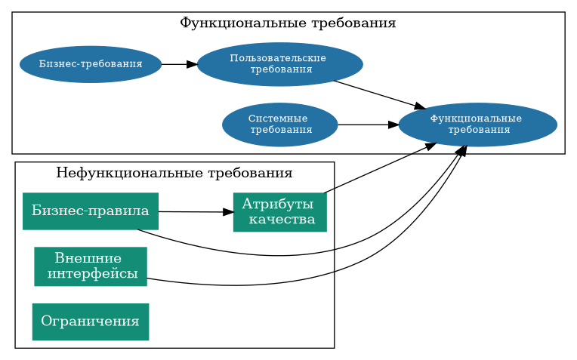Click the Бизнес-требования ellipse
click(90, 64)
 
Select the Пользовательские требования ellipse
click(279, 64)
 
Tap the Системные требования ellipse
click(279, 125)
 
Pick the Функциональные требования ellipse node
click(477, 125)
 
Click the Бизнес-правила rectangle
click(90, 211)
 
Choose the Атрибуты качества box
click(279, 212)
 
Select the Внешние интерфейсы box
click(90, 266)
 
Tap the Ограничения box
click(90, 322)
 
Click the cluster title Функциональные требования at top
click(288, 23)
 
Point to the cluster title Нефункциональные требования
click(174, 173)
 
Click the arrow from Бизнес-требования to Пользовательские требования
click(178, 64)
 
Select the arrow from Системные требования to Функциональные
click(367, 125)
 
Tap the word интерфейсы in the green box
click(92, 273)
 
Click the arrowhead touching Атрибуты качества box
click(228, 212)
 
